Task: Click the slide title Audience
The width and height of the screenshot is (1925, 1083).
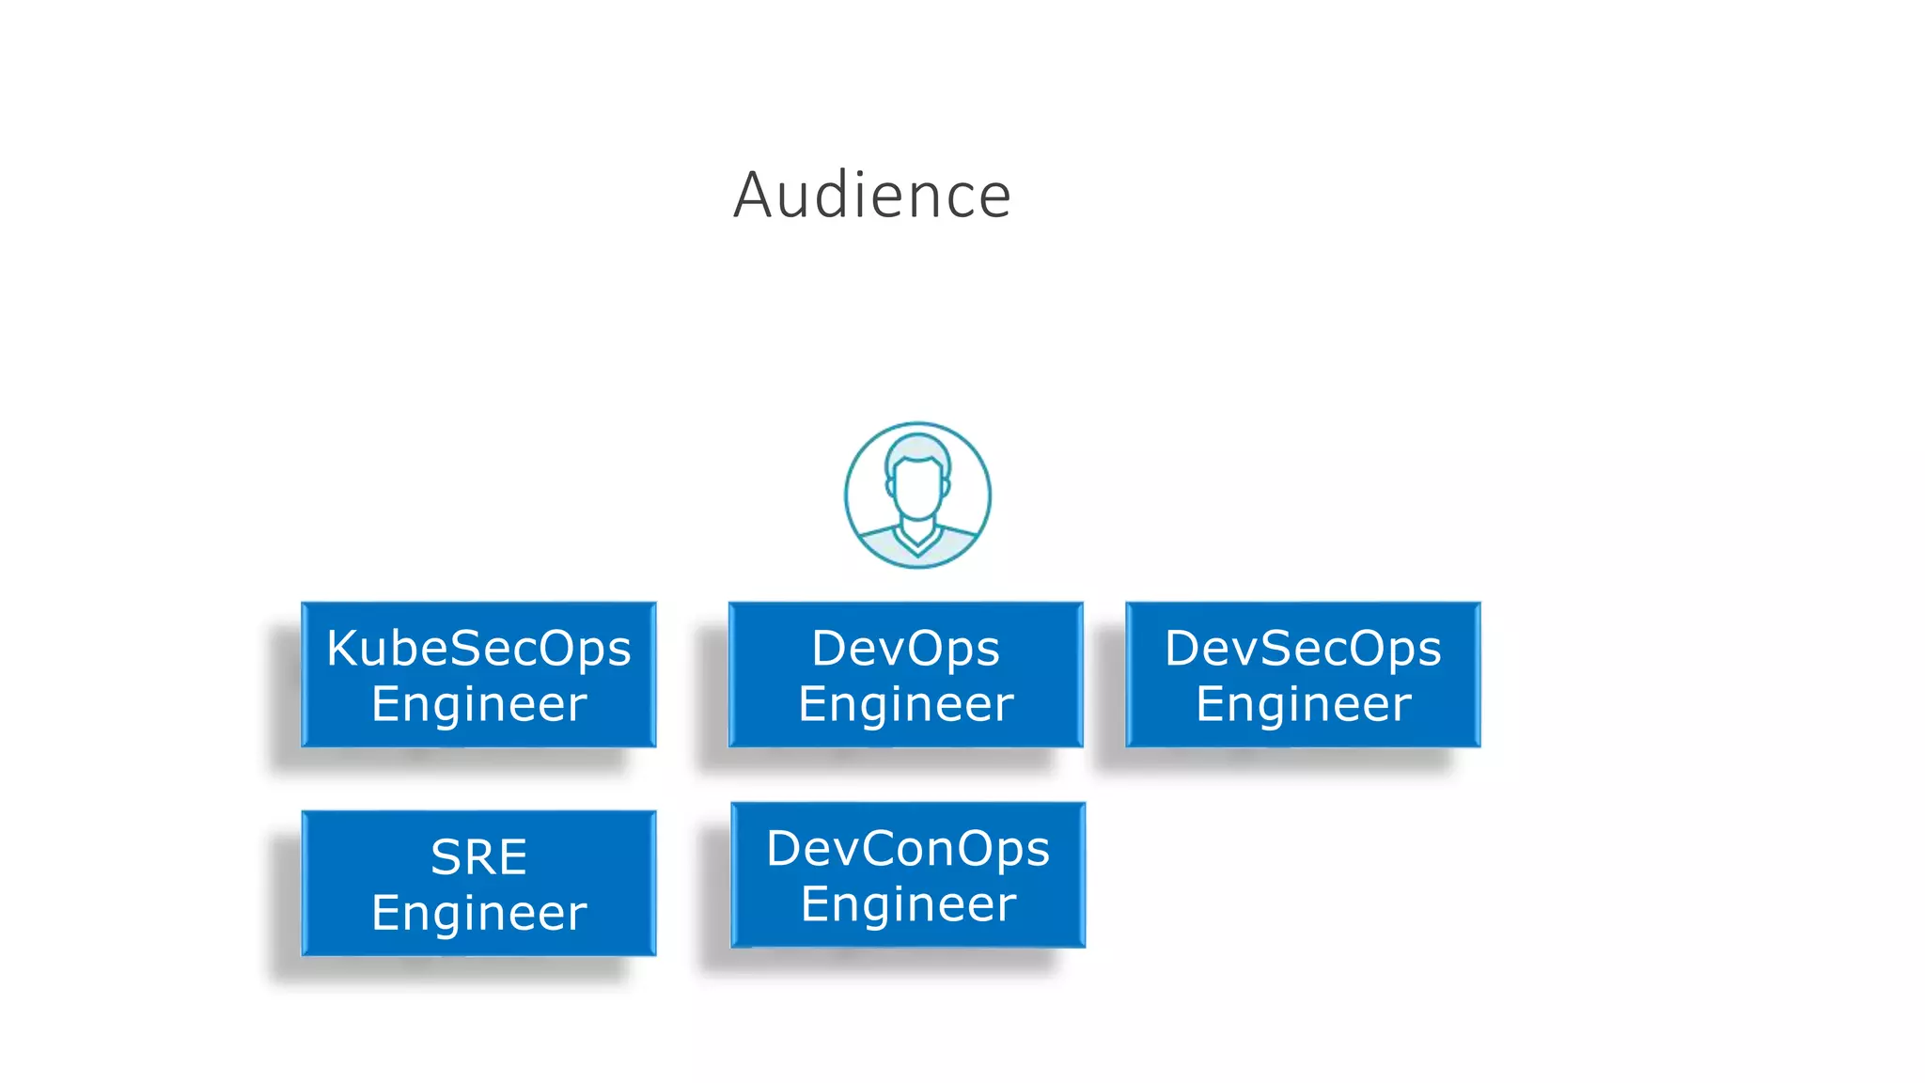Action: click(871, 196)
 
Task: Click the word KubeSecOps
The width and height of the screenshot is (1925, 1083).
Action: click(478, 649)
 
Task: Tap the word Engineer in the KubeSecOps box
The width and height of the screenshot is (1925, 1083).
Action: click(478, 704)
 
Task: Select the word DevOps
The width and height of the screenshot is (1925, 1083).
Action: click(905, 649)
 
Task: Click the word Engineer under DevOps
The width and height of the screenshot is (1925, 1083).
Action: click(905, 704)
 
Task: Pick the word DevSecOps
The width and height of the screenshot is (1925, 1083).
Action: click(1303, 649)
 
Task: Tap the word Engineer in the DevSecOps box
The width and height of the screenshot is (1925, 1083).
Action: click(1303, 704)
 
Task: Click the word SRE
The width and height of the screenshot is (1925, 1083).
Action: click(478, 857)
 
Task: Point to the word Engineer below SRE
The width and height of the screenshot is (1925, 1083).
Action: click(478, 913)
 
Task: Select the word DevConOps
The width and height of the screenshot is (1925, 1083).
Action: click(907, 849)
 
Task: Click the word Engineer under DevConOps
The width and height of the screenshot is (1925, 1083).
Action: click(908, 904)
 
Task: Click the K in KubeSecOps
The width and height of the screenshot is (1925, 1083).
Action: click(344, 649)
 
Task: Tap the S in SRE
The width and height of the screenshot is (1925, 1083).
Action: click(446, 857)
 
